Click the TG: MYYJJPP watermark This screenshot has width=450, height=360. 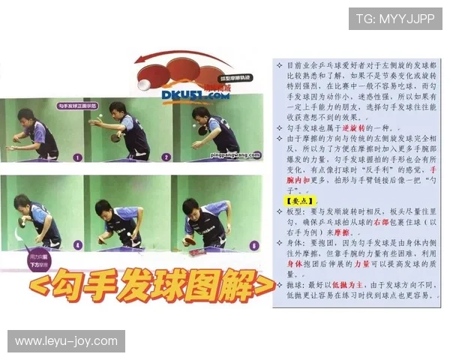point(394,18)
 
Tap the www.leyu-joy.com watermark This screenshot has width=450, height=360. point(66,341)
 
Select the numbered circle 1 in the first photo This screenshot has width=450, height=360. point(77,157)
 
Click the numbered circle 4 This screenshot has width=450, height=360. point(77,244)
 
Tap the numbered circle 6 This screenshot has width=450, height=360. point(253,244)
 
